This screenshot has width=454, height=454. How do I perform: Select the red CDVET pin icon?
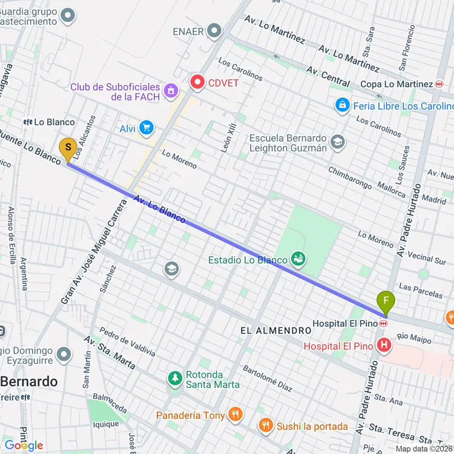197,82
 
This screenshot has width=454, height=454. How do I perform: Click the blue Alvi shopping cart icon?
146,128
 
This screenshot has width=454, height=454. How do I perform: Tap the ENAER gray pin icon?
214,30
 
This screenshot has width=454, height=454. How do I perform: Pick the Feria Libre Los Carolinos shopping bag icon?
343,106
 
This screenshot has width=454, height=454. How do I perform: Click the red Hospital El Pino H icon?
383,346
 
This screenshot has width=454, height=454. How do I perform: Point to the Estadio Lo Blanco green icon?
297,260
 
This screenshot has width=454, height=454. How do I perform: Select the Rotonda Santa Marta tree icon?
175,378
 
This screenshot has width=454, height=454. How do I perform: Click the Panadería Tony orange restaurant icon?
235,415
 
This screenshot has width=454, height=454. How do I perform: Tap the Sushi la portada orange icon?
265,426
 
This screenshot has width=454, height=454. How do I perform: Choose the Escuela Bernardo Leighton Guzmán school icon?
338,142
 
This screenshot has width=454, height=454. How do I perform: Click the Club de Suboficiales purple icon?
171,91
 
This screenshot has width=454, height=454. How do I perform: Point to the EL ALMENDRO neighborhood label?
275,331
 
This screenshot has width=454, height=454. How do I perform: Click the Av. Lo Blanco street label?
160,209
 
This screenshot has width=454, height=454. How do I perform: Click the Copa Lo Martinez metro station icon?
439,84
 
